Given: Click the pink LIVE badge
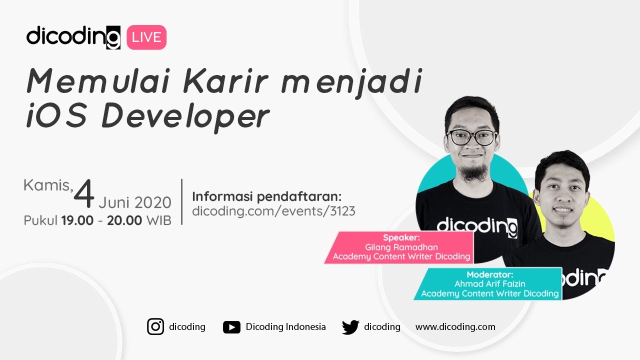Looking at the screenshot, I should (x=146, y=37).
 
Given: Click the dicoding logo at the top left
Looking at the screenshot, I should (x=73, y=37).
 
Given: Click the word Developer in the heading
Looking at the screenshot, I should (x=185, y=117).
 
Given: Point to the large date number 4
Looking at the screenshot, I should (x=84, y=195).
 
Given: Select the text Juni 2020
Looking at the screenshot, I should (x=135, y=202).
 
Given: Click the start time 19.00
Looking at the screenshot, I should (x=77, y=220).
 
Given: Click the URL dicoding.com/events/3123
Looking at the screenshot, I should (x=273, y=211).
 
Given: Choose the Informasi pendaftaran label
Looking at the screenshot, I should (x=266, y=196).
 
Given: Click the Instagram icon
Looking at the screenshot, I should (x=155, y=327).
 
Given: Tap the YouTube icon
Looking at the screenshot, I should (x=231, y=327).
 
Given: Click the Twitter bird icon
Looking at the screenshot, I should (x=350, y=327).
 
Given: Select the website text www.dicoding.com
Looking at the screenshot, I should (x=455, y=327).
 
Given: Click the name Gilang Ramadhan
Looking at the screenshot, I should (x=402, y=247).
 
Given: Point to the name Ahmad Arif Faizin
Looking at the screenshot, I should (x=489, y=283).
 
